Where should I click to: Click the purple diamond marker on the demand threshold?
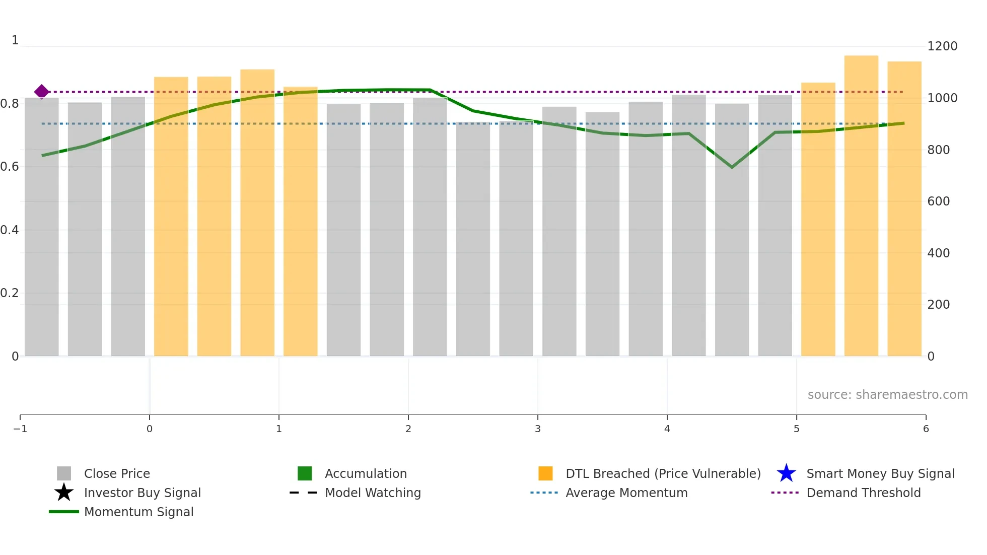point(42,92)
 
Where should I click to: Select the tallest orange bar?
point(861,206)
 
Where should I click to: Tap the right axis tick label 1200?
point(942,46)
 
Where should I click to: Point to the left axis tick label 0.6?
point(10,167)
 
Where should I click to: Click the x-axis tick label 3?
point(538,429)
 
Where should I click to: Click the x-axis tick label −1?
point(20,429)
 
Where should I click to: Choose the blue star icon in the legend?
point(786,473)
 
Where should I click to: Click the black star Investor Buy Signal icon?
point(64,493)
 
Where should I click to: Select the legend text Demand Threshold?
point(863,493)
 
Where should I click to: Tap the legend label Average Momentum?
point(626,493)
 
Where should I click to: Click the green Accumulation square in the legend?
point(305,473)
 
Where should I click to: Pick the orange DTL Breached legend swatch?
point(545,473)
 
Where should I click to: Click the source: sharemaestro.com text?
point(887,395)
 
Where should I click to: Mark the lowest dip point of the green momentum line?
point(732,167)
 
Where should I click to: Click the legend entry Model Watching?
point(373,493)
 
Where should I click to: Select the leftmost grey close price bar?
point(42,227)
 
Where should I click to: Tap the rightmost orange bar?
point(904,209)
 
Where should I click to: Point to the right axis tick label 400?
point(938,253)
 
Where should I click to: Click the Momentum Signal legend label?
point(138,512)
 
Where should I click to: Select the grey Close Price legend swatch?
point(64,473)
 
